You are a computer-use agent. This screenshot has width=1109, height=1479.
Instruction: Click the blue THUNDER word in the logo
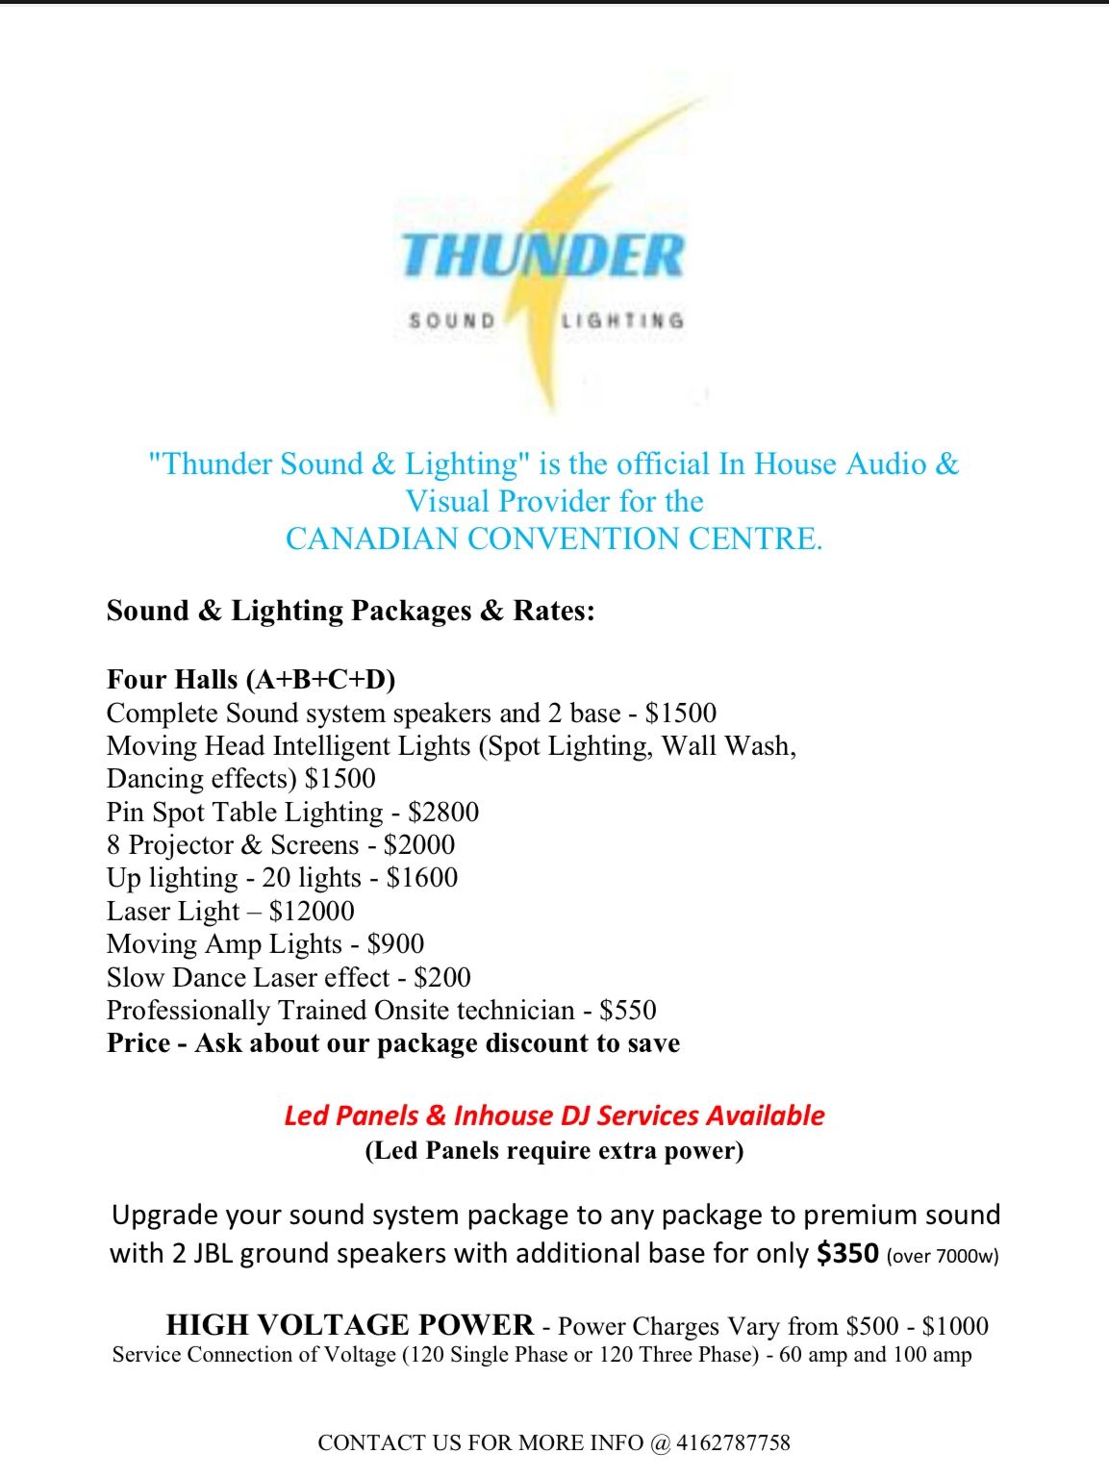coord(542,255)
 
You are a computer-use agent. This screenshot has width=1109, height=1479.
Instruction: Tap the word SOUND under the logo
coord(452,320)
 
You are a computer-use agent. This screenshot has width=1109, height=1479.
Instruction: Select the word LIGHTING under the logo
coord(622,320)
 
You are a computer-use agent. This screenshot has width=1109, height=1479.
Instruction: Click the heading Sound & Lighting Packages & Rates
coord(350,611)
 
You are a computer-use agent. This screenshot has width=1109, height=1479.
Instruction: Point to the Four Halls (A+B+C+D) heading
coord(251,679)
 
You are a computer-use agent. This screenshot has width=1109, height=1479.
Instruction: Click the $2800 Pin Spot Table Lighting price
coord(443,812)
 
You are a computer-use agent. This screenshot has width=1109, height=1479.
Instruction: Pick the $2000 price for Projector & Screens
coord(419,844)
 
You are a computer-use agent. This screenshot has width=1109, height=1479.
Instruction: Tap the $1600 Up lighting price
coord(422,877)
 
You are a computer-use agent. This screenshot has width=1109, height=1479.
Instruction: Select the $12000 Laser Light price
coord(312,911)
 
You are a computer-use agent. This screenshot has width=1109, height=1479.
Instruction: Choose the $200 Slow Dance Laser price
coord(442,977)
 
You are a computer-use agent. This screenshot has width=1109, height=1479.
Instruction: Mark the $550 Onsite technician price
coord(628,1010)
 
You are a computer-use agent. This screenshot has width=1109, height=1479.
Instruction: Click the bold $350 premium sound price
coord(847,1253)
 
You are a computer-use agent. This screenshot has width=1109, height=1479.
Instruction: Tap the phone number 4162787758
coord(733,1442)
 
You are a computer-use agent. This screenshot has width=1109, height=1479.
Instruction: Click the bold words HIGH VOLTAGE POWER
coord(350,1325)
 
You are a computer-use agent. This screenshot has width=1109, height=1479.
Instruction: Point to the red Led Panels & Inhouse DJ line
coord(554,1116)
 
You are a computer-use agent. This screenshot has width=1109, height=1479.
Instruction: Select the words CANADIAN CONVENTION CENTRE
coord(554,539)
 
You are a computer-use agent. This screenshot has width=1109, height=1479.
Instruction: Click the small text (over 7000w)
coord(943,1256)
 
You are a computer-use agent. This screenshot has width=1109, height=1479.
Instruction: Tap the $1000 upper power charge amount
coord(955,1326)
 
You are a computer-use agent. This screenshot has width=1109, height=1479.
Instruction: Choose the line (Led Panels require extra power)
coord(554,1150)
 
